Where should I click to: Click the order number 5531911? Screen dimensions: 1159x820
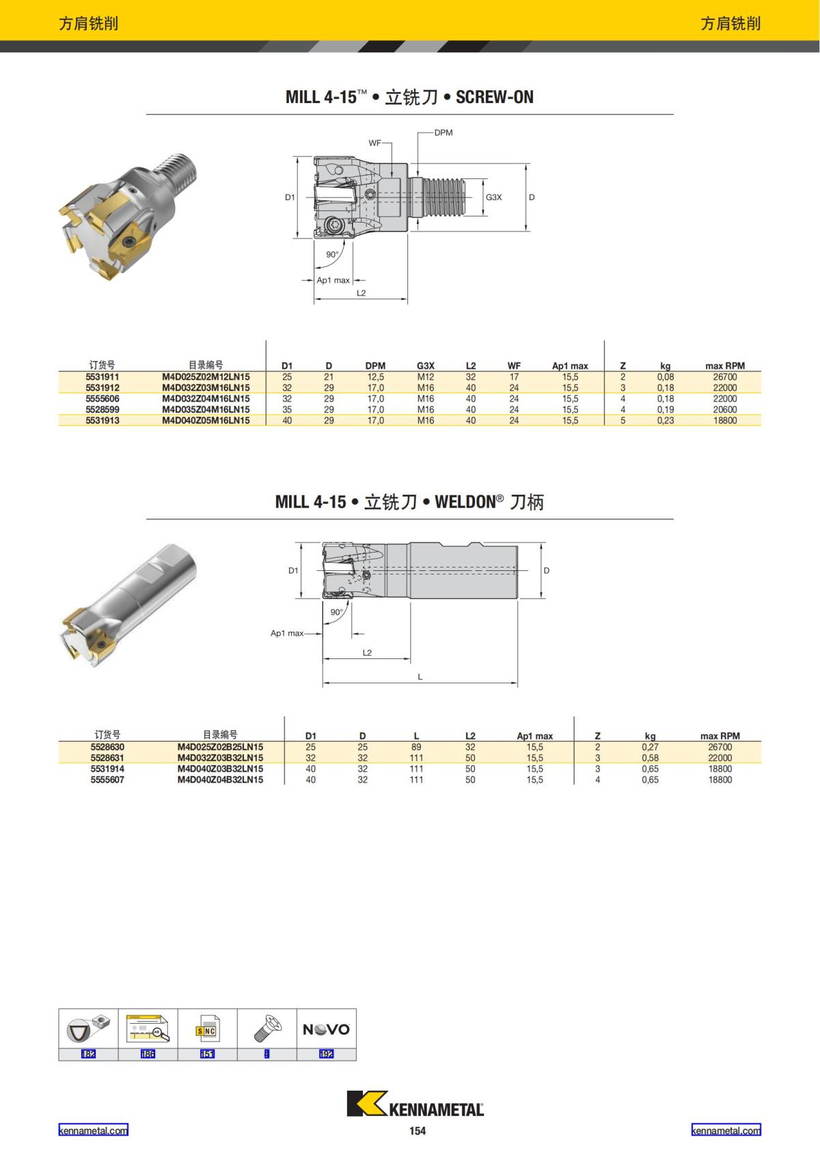click(102, 377)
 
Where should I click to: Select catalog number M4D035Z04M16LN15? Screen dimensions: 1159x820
click(206, 410)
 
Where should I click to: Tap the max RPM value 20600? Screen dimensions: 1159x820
click(724, 410)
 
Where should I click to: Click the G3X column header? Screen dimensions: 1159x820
click(426, 366)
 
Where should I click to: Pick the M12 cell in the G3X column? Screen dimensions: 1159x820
click(426, 377)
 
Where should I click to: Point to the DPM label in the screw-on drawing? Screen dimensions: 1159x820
click(443, 132)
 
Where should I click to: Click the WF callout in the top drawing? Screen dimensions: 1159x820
click(374, 143)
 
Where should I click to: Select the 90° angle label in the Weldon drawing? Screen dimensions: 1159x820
click(337, 612)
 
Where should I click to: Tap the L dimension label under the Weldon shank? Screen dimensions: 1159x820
click(420, 677)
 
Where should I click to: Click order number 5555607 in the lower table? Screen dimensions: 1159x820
click(107, 780)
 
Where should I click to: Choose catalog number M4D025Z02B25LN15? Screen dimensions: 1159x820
click(220, 747)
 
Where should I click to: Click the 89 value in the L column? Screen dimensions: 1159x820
click(416, 747)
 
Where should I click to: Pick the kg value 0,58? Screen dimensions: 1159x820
click(650, 758)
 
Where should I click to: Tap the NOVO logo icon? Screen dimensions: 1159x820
click(327, 1029)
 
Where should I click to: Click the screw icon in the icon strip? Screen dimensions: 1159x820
click(267, 1028)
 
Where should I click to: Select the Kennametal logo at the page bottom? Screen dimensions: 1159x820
click(415, 1104)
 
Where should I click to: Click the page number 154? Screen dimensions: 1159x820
click(418, 1131)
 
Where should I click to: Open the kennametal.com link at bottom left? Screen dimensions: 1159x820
click(93, 1130)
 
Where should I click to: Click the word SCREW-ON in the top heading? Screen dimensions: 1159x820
click(494, 97)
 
